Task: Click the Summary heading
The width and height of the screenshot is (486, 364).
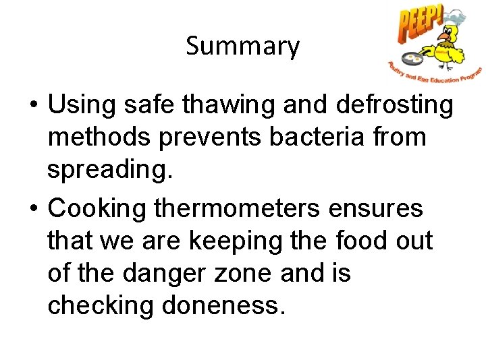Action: click(242, 46)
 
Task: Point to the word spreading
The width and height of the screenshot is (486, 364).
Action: click(110, 170)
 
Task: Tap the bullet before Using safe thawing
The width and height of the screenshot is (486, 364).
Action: click(32, 106)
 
